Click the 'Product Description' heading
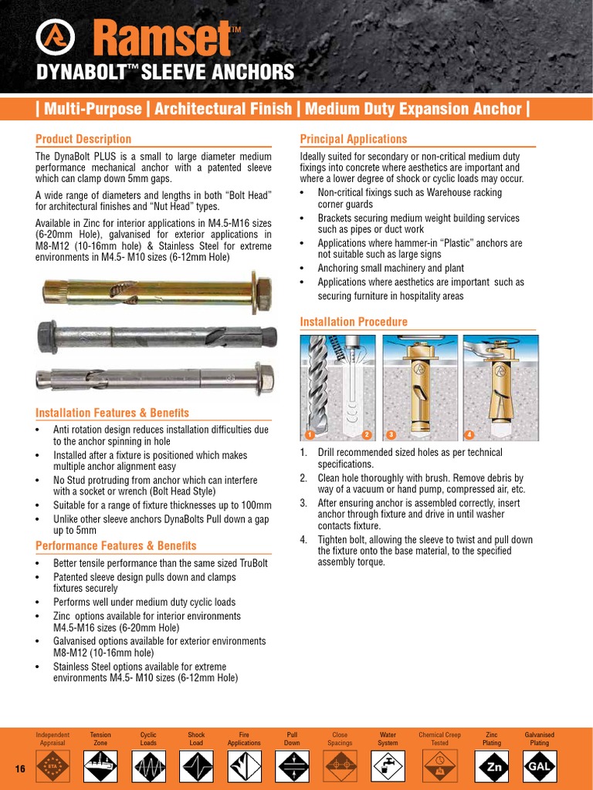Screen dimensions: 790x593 coord(83,139)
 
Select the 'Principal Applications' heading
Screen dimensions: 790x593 coord(353,139)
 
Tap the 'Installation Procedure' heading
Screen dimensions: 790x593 coord(354,322)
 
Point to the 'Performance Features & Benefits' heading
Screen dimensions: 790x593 coord(116,545)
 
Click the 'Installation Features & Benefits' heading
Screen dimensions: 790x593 coord(112,413)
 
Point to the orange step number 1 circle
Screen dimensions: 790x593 coord(309,434)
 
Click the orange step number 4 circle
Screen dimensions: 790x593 coord(469,434)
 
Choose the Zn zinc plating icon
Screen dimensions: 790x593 coord(492,767)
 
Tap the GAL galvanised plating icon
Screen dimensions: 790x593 coord(539,767)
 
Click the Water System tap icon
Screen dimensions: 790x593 coord(388,767)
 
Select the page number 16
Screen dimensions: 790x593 coord(21,769)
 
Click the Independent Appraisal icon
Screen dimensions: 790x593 coord(53,767)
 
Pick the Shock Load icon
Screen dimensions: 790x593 coord(196,767)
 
